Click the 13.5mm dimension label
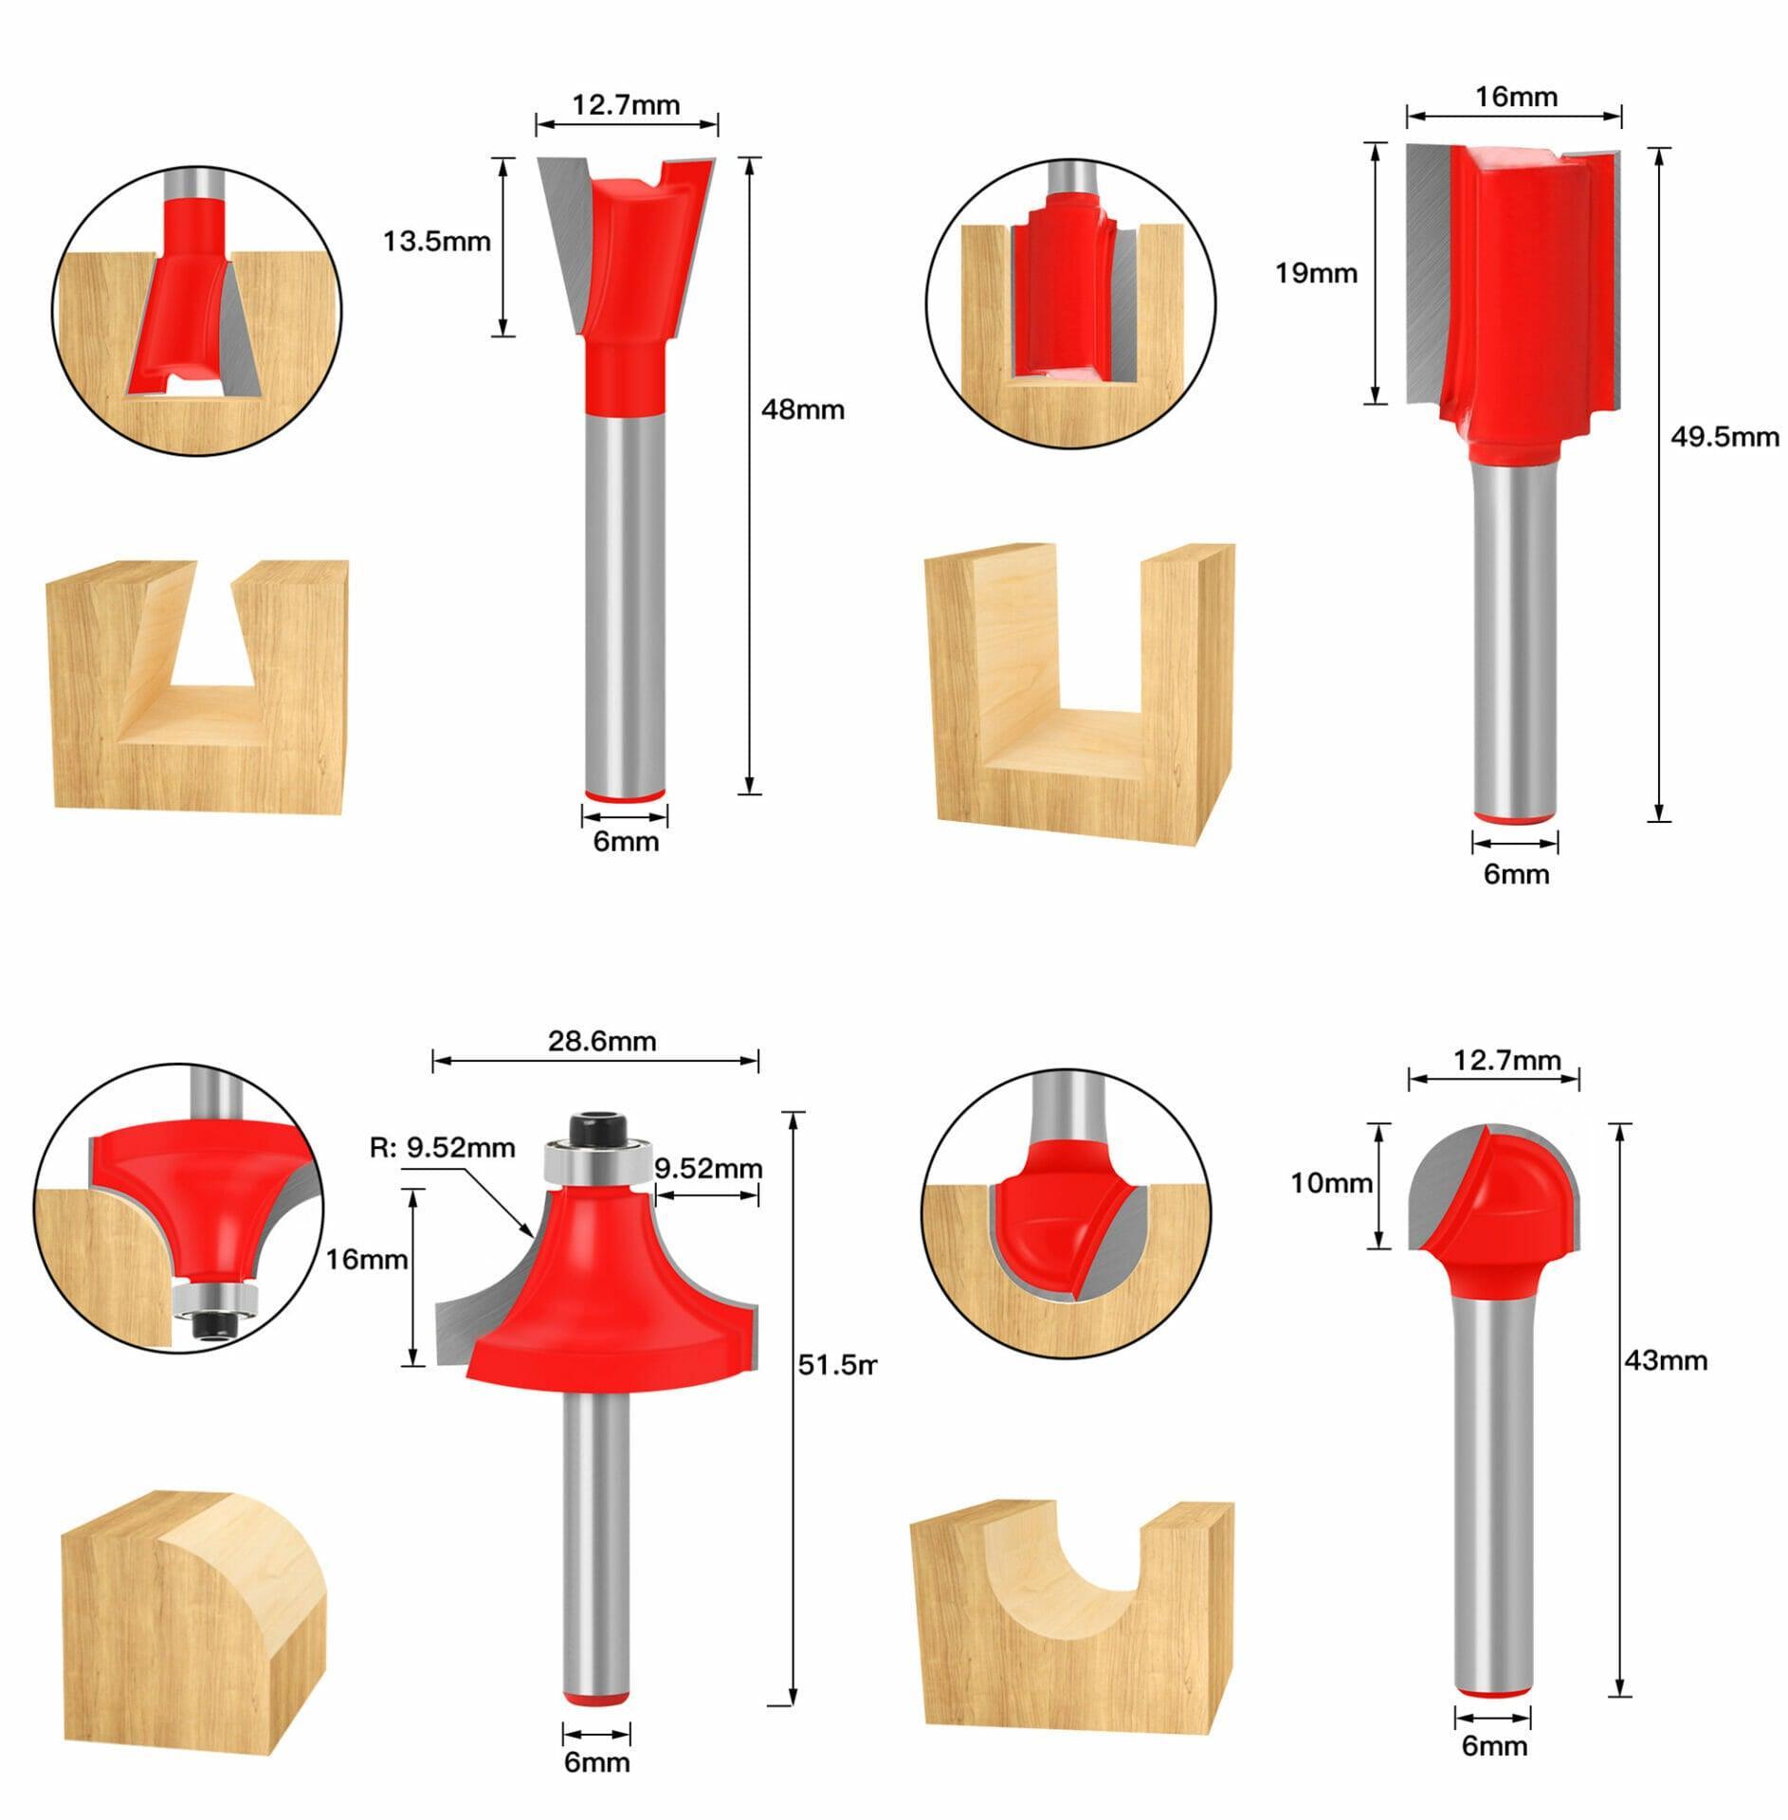[436, 242]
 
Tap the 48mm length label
[802, 409]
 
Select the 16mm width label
[1516, 97]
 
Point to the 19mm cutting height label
[1315, 274]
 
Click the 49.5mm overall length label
[1724, 437]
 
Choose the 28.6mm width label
[601, 1041]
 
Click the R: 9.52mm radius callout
[442, 1148]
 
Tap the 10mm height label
[1331, 1183]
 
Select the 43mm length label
[1666, 1360]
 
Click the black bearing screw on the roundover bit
[596, 1127]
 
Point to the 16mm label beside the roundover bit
[366, 1260]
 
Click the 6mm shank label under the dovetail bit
[626, 842]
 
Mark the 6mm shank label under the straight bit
[1516, 874]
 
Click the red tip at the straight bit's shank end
[1514, 816]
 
